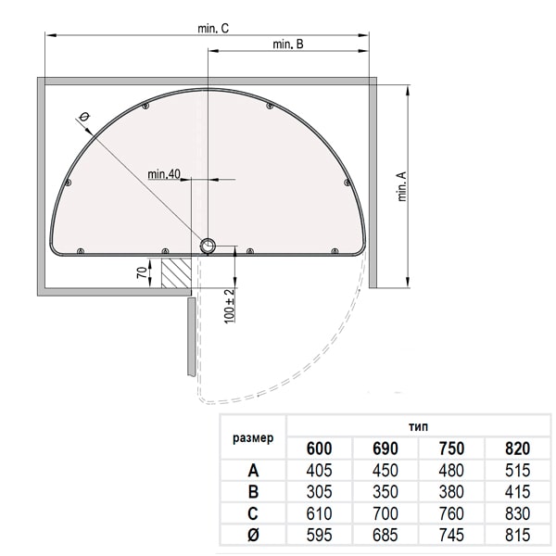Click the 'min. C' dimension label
point(213,29)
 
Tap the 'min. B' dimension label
point(288,44)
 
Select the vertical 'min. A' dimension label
point(402,186)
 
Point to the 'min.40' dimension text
point(164,174)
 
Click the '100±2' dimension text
point(230,306)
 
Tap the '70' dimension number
point(142,272)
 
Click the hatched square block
point(176,272)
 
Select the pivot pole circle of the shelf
point(208,246)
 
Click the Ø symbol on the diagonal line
point(84,117)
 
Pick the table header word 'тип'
point(418,426)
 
